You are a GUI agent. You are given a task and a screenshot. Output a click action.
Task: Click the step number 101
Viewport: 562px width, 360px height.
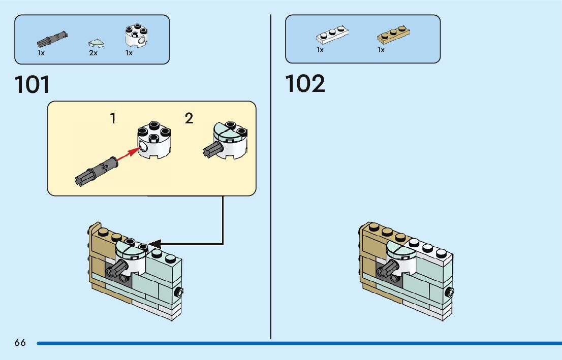tap(33, 84)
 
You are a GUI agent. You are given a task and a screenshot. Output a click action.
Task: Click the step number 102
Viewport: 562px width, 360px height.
tap(305, 84)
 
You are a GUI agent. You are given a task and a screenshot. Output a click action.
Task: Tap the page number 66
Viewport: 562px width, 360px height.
tap(20, 343)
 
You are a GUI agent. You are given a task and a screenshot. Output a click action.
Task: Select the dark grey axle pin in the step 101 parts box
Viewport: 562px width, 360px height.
tap(52, 39)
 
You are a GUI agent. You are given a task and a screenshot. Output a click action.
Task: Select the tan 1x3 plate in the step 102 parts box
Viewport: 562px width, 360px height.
tap(393, 35)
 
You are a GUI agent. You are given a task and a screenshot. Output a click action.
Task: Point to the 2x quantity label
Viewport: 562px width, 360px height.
tap(93, 53)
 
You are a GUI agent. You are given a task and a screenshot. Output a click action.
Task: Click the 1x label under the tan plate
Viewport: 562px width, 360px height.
tap(381, 50)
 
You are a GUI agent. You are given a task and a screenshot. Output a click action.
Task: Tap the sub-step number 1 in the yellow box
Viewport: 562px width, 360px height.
tap(113, 119)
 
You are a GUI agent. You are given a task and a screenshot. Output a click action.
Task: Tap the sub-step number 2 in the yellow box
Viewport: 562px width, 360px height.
tap(189, 119)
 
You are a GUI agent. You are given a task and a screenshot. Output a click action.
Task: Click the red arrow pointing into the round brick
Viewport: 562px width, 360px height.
tap(127, 155)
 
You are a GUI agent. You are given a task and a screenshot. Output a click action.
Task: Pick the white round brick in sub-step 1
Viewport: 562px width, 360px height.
tap(153, 142)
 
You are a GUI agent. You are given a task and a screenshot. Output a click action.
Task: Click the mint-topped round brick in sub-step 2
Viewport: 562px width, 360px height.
tap(229, 138)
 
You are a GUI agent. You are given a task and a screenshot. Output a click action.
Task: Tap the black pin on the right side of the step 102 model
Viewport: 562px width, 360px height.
tap(449, 292)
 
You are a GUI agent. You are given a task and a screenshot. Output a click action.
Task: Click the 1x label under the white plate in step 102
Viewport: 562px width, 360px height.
tap(320, 50)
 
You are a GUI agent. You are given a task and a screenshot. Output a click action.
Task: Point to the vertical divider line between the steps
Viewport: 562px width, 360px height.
tap(271, 178)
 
